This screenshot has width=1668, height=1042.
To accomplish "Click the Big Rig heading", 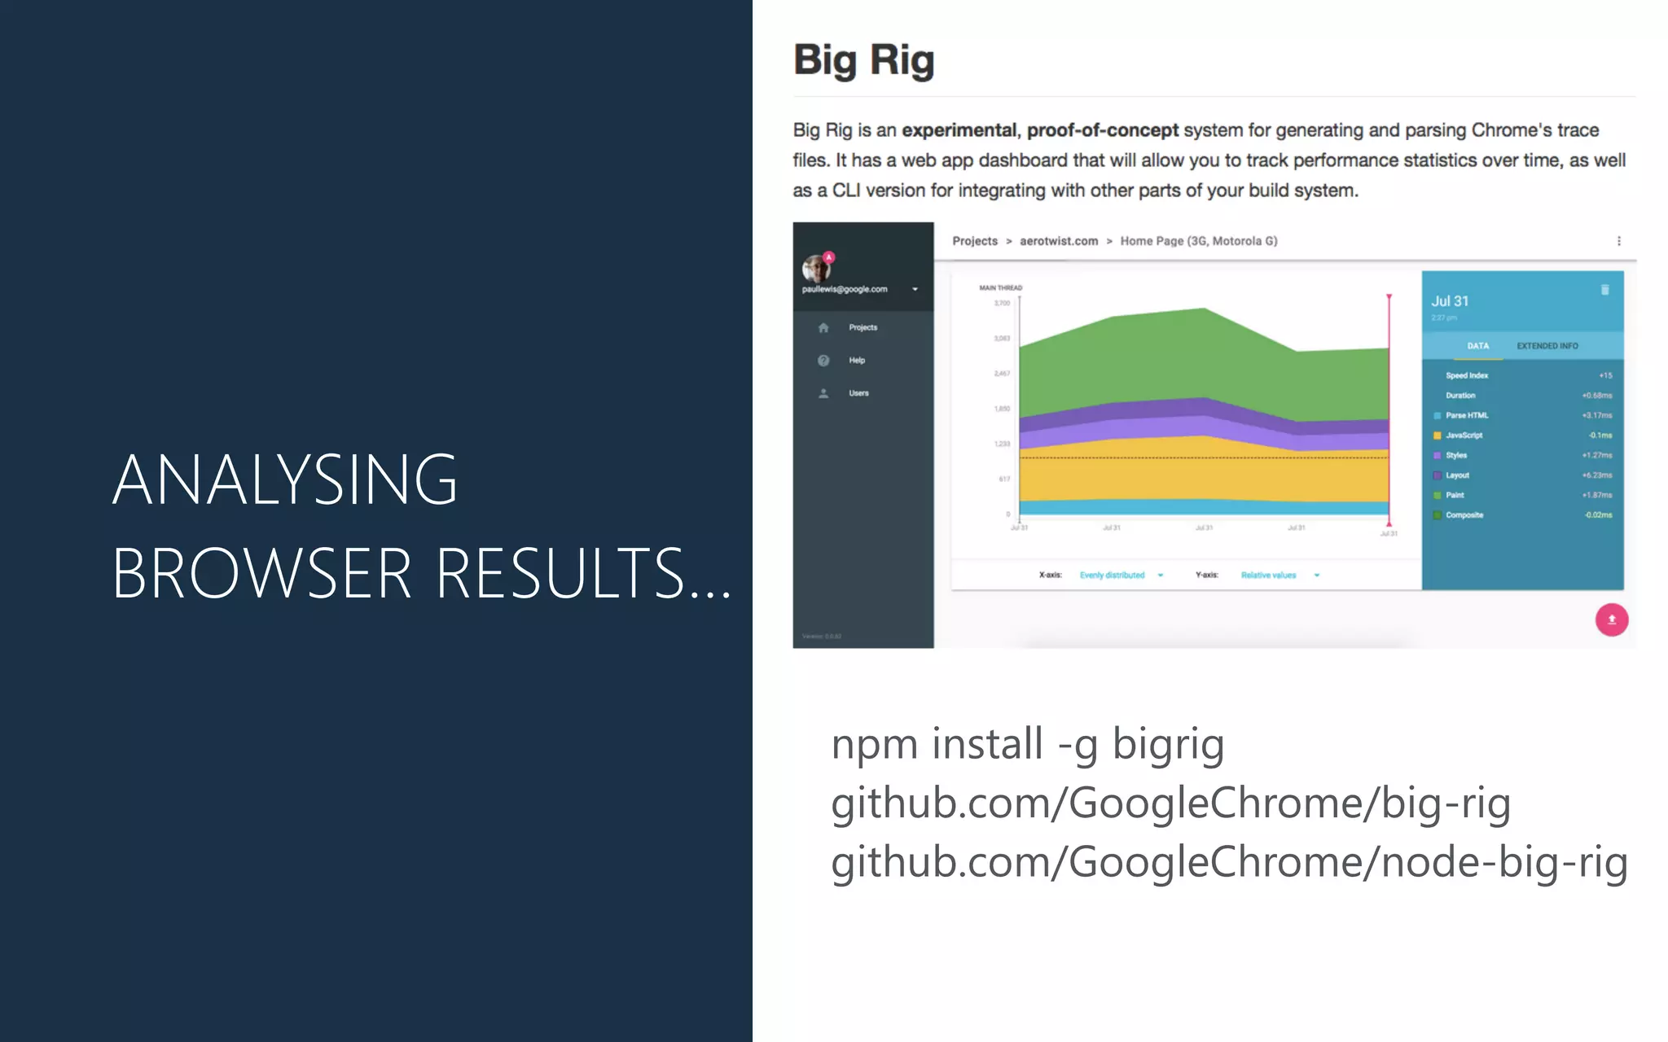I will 864,60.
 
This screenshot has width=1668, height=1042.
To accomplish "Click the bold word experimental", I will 959,130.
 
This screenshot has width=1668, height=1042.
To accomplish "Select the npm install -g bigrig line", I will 1027,744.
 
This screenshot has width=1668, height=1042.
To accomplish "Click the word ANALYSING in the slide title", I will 285,479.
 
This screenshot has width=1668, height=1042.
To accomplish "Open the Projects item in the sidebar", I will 863,327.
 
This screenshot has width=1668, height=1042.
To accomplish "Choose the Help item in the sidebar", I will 857,361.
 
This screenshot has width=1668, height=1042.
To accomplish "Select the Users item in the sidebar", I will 858,393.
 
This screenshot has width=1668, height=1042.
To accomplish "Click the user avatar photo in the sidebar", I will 815,268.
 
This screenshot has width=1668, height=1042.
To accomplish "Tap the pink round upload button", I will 1611,620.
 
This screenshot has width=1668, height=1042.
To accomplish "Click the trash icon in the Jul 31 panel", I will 1604,290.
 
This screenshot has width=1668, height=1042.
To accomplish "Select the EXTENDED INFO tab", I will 1547,346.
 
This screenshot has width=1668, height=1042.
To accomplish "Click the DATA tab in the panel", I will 1477,346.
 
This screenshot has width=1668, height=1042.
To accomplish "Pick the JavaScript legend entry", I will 1464,436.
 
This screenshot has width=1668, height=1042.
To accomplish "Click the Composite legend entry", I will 1464,515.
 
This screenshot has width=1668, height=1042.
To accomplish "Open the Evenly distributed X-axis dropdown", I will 1120,576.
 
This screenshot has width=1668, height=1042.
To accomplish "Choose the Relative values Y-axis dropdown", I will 1278,576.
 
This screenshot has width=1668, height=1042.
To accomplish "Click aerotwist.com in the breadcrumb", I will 1059,241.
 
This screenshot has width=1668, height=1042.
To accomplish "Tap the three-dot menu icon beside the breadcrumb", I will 1618,241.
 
